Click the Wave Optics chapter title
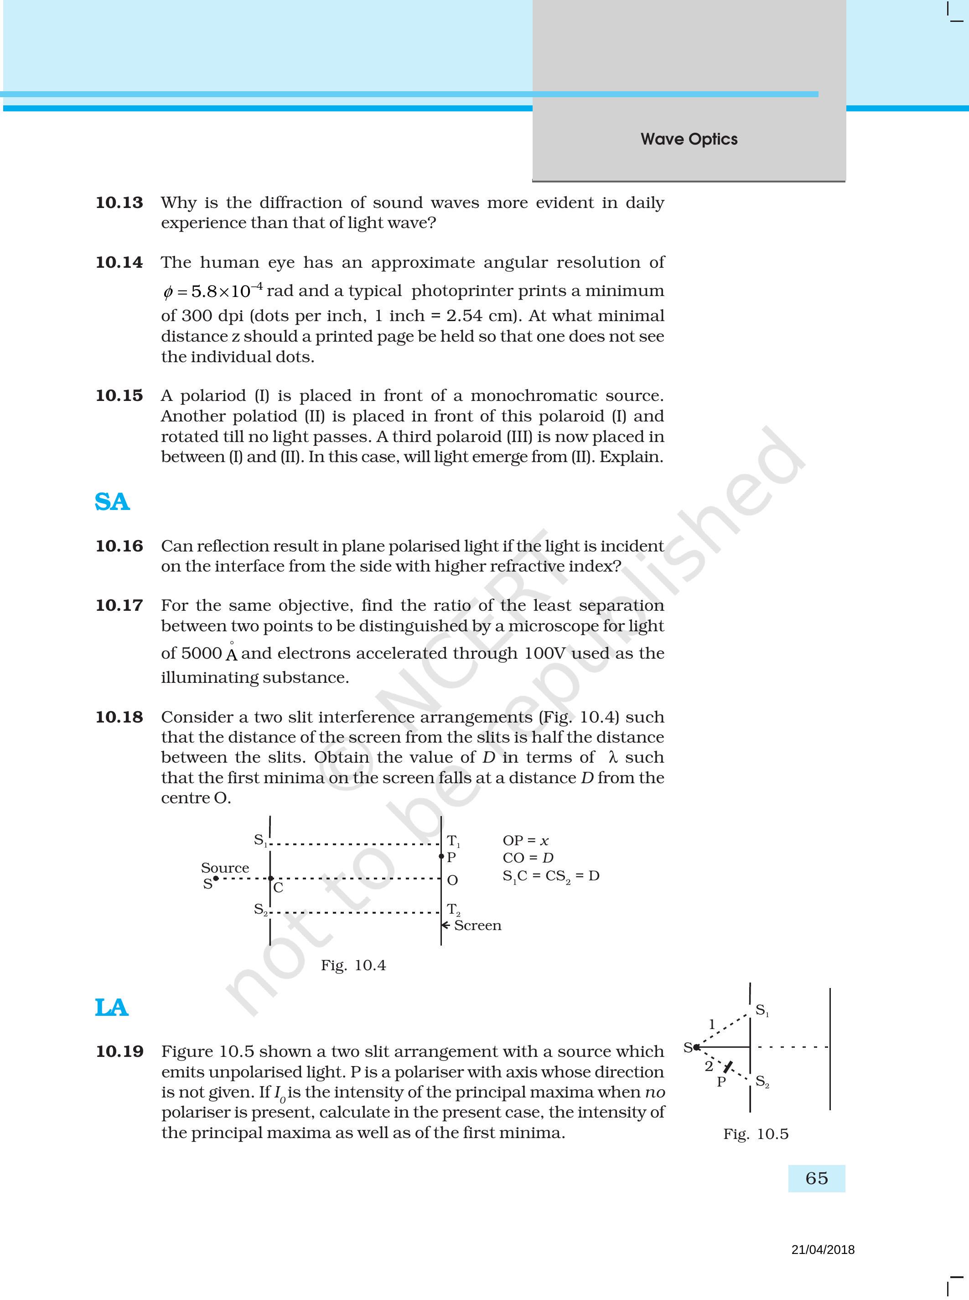(x=689, y=139)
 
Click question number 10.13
(x=119, y=203)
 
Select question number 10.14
(x=119, y=262)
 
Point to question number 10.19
(x=119, y=1051)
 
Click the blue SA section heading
(x=112, y=502)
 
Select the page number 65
(x=817, y=1178)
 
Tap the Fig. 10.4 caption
(x=353, y=965)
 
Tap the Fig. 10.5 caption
(x=756, y=1134)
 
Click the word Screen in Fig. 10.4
(x=477, y=925)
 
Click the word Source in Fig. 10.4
(x=225, y=868)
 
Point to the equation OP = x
(x=526, y=841)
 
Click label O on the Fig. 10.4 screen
(x=452, y=880)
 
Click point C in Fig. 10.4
(x=271, y=879)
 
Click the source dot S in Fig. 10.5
(x=696, y=1047)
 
